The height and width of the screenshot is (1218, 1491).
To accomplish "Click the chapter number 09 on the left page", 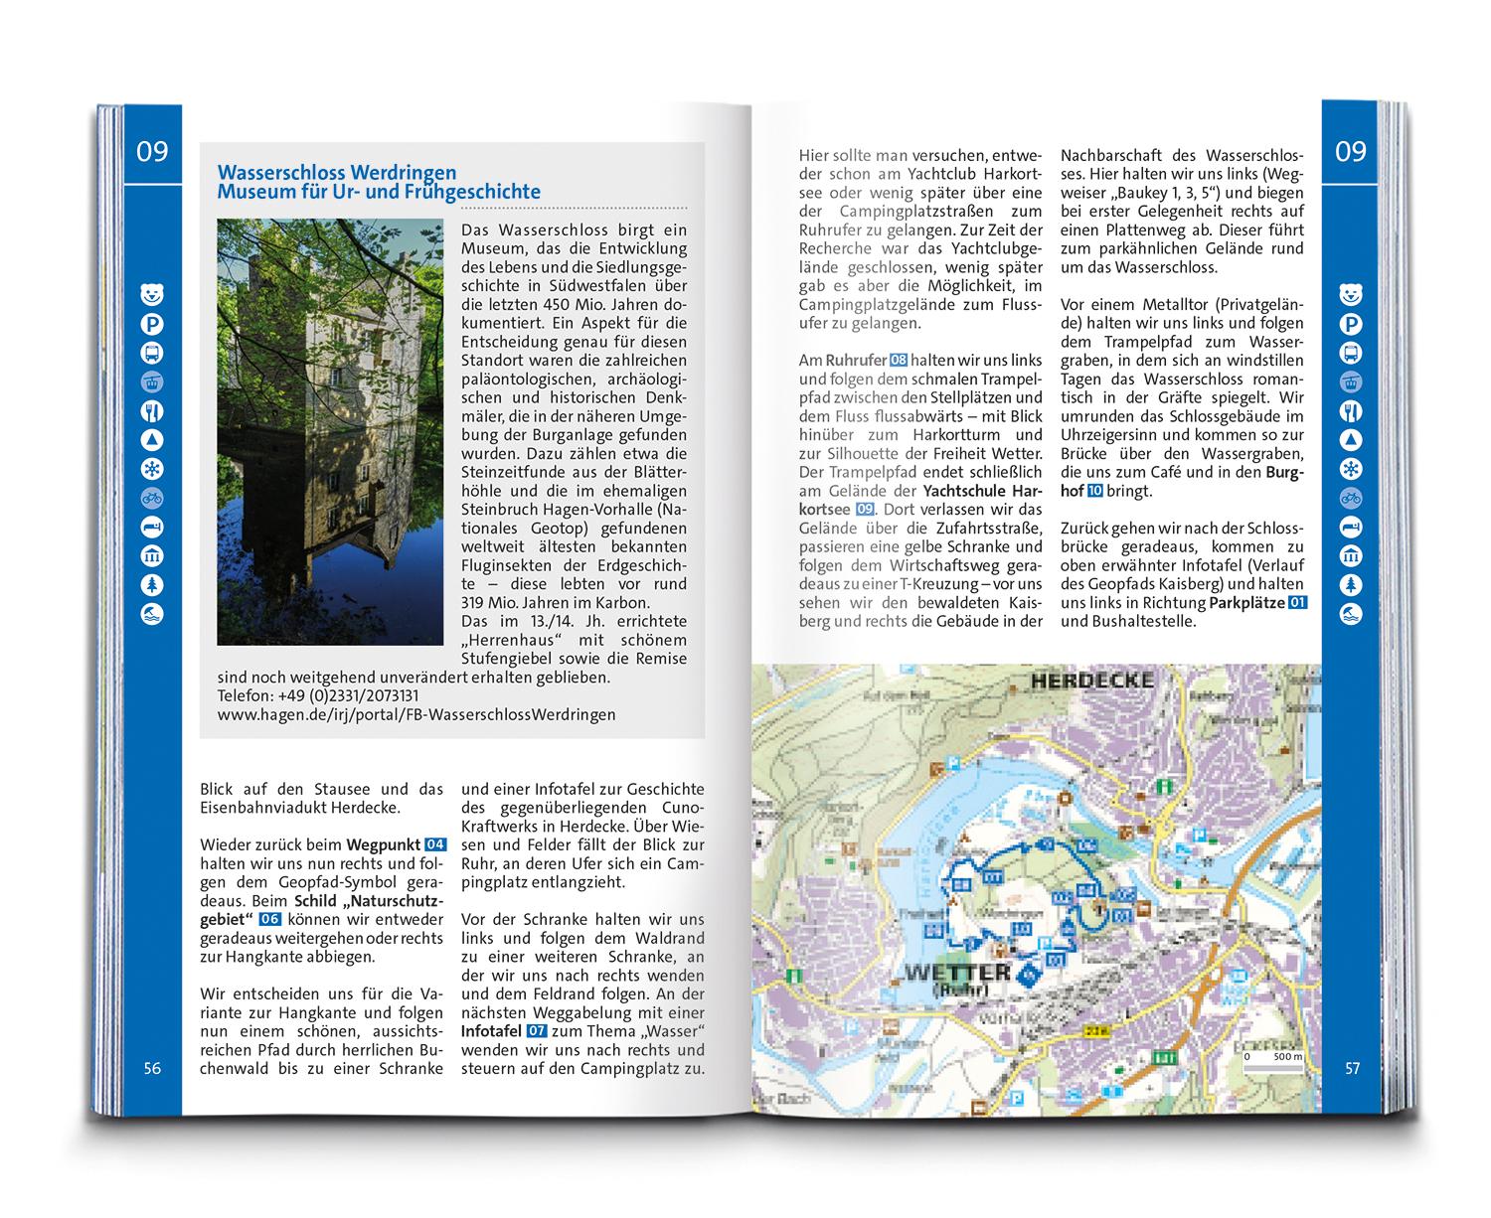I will click(152, 152).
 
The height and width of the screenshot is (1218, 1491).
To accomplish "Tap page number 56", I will click(152, 1069).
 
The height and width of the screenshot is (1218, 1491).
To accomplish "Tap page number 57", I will click(1352, 1069).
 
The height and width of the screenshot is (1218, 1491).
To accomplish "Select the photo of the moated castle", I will click(329, 432).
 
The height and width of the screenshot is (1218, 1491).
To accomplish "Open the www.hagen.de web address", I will click(415, 714).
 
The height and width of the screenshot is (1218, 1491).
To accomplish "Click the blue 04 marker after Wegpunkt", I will click(435, 844).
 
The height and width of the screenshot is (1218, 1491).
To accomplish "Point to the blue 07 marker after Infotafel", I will click(537, 1030).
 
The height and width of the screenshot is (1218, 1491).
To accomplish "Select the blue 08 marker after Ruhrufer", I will click(898, 360).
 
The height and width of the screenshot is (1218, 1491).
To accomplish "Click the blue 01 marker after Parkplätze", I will click(1297, 603).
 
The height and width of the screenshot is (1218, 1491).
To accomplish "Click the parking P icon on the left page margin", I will click(152, 324).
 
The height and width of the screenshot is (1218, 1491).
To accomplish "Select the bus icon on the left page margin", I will click(152, 353).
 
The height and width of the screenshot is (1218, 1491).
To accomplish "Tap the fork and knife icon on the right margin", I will click(1351, 411).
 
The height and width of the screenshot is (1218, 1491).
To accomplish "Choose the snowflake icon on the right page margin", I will click(1351, 469).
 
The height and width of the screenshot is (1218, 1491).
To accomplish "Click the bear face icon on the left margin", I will click(152, 294).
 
